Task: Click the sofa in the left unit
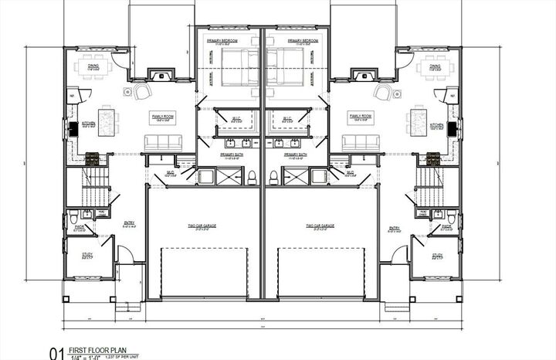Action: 164,141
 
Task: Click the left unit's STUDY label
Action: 87,256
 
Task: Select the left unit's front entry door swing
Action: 124,252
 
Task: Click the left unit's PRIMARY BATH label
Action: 231,154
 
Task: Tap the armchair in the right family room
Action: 382,93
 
